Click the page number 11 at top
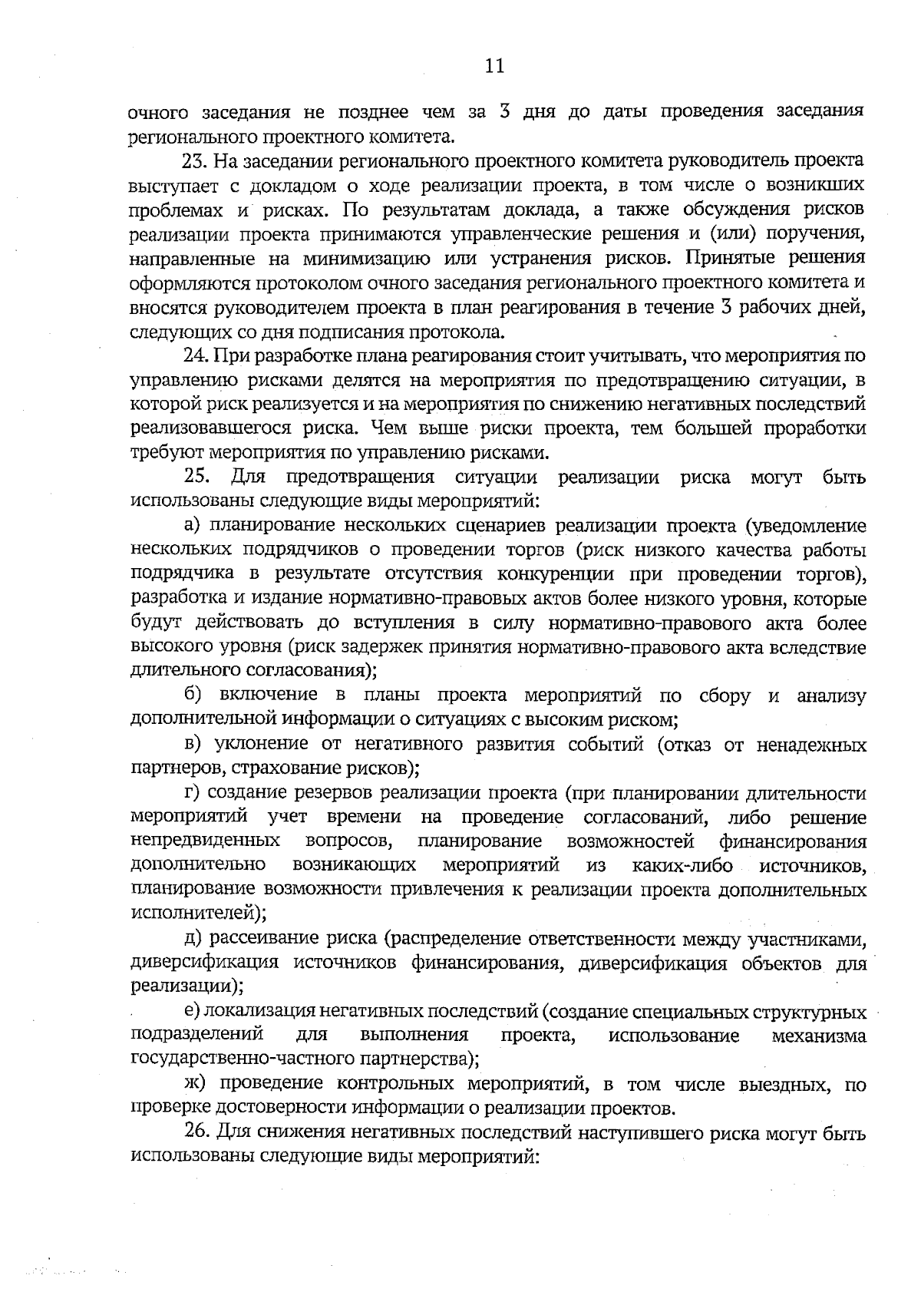[x=494, y=66]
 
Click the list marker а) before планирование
[x=193, y=526]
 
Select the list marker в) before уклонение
[x=193, y=745]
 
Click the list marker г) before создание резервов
[x=192, y=793]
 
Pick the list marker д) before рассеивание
[x=193, y=939]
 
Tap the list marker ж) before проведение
[x=196, y=1085]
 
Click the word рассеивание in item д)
[x=266, y=939]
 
